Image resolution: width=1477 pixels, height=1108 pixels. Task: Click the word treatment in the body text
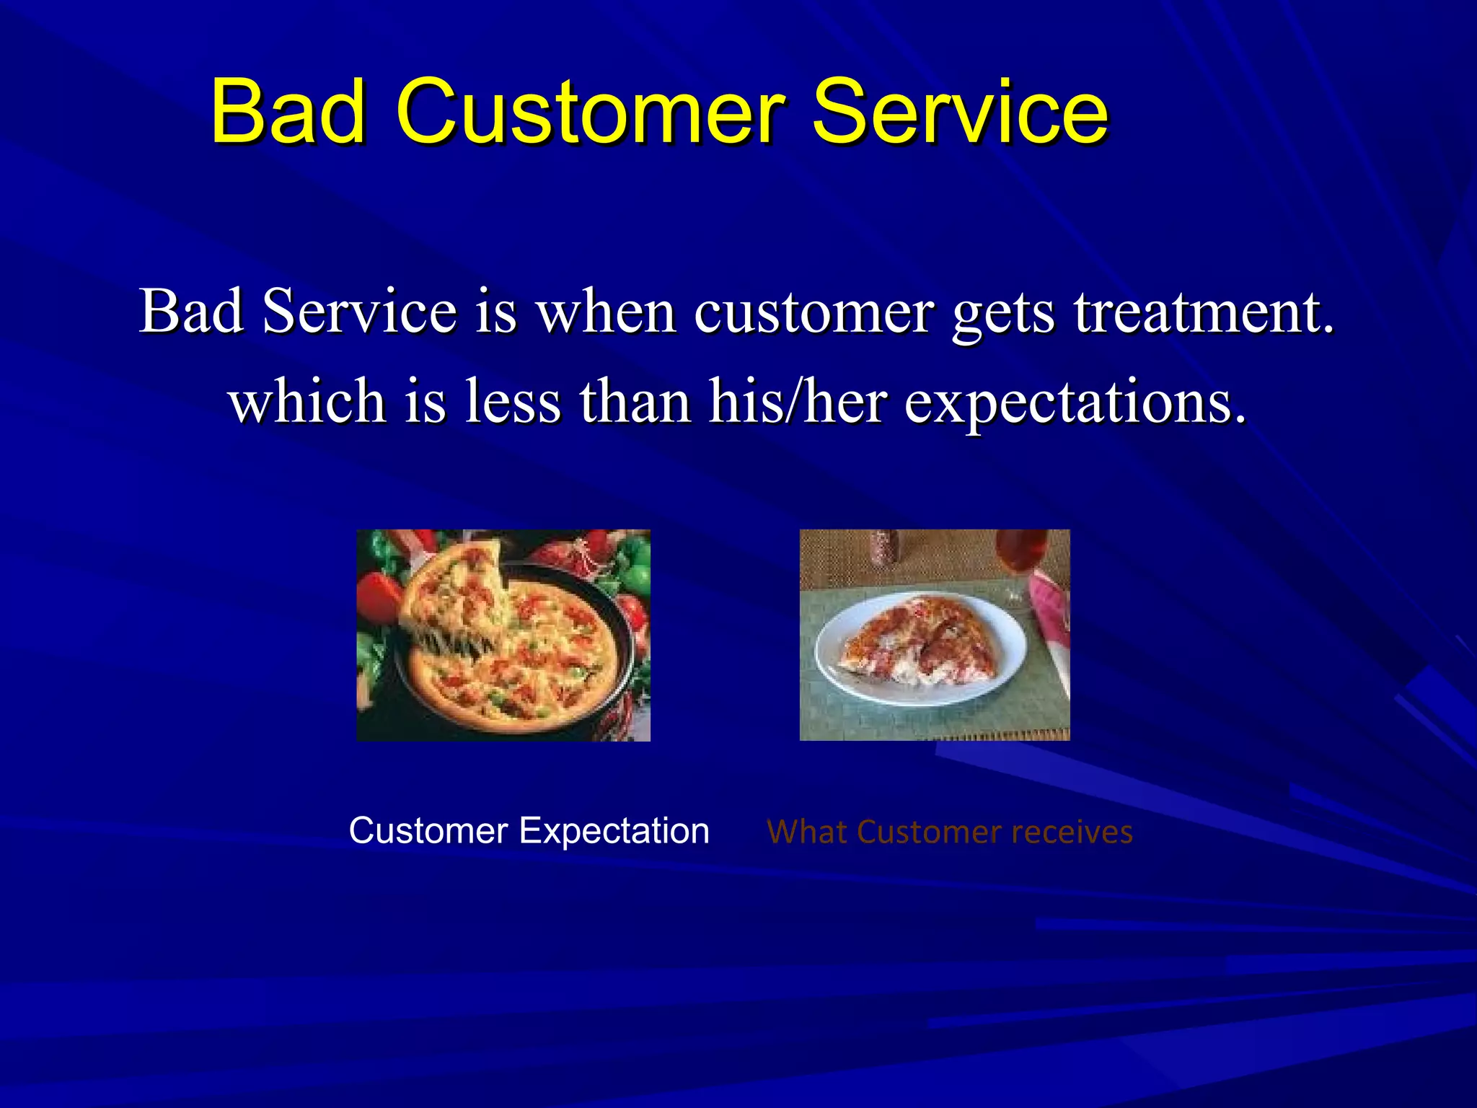(1203, 312)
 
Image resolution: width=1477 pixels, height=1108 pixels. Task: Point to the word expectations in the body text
(1075, 402)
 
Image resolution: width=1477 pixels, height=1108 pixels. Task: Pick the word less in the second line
(512, 402)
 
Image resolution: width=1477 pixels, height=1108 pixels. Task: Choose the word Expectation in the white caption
(614, 831)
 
